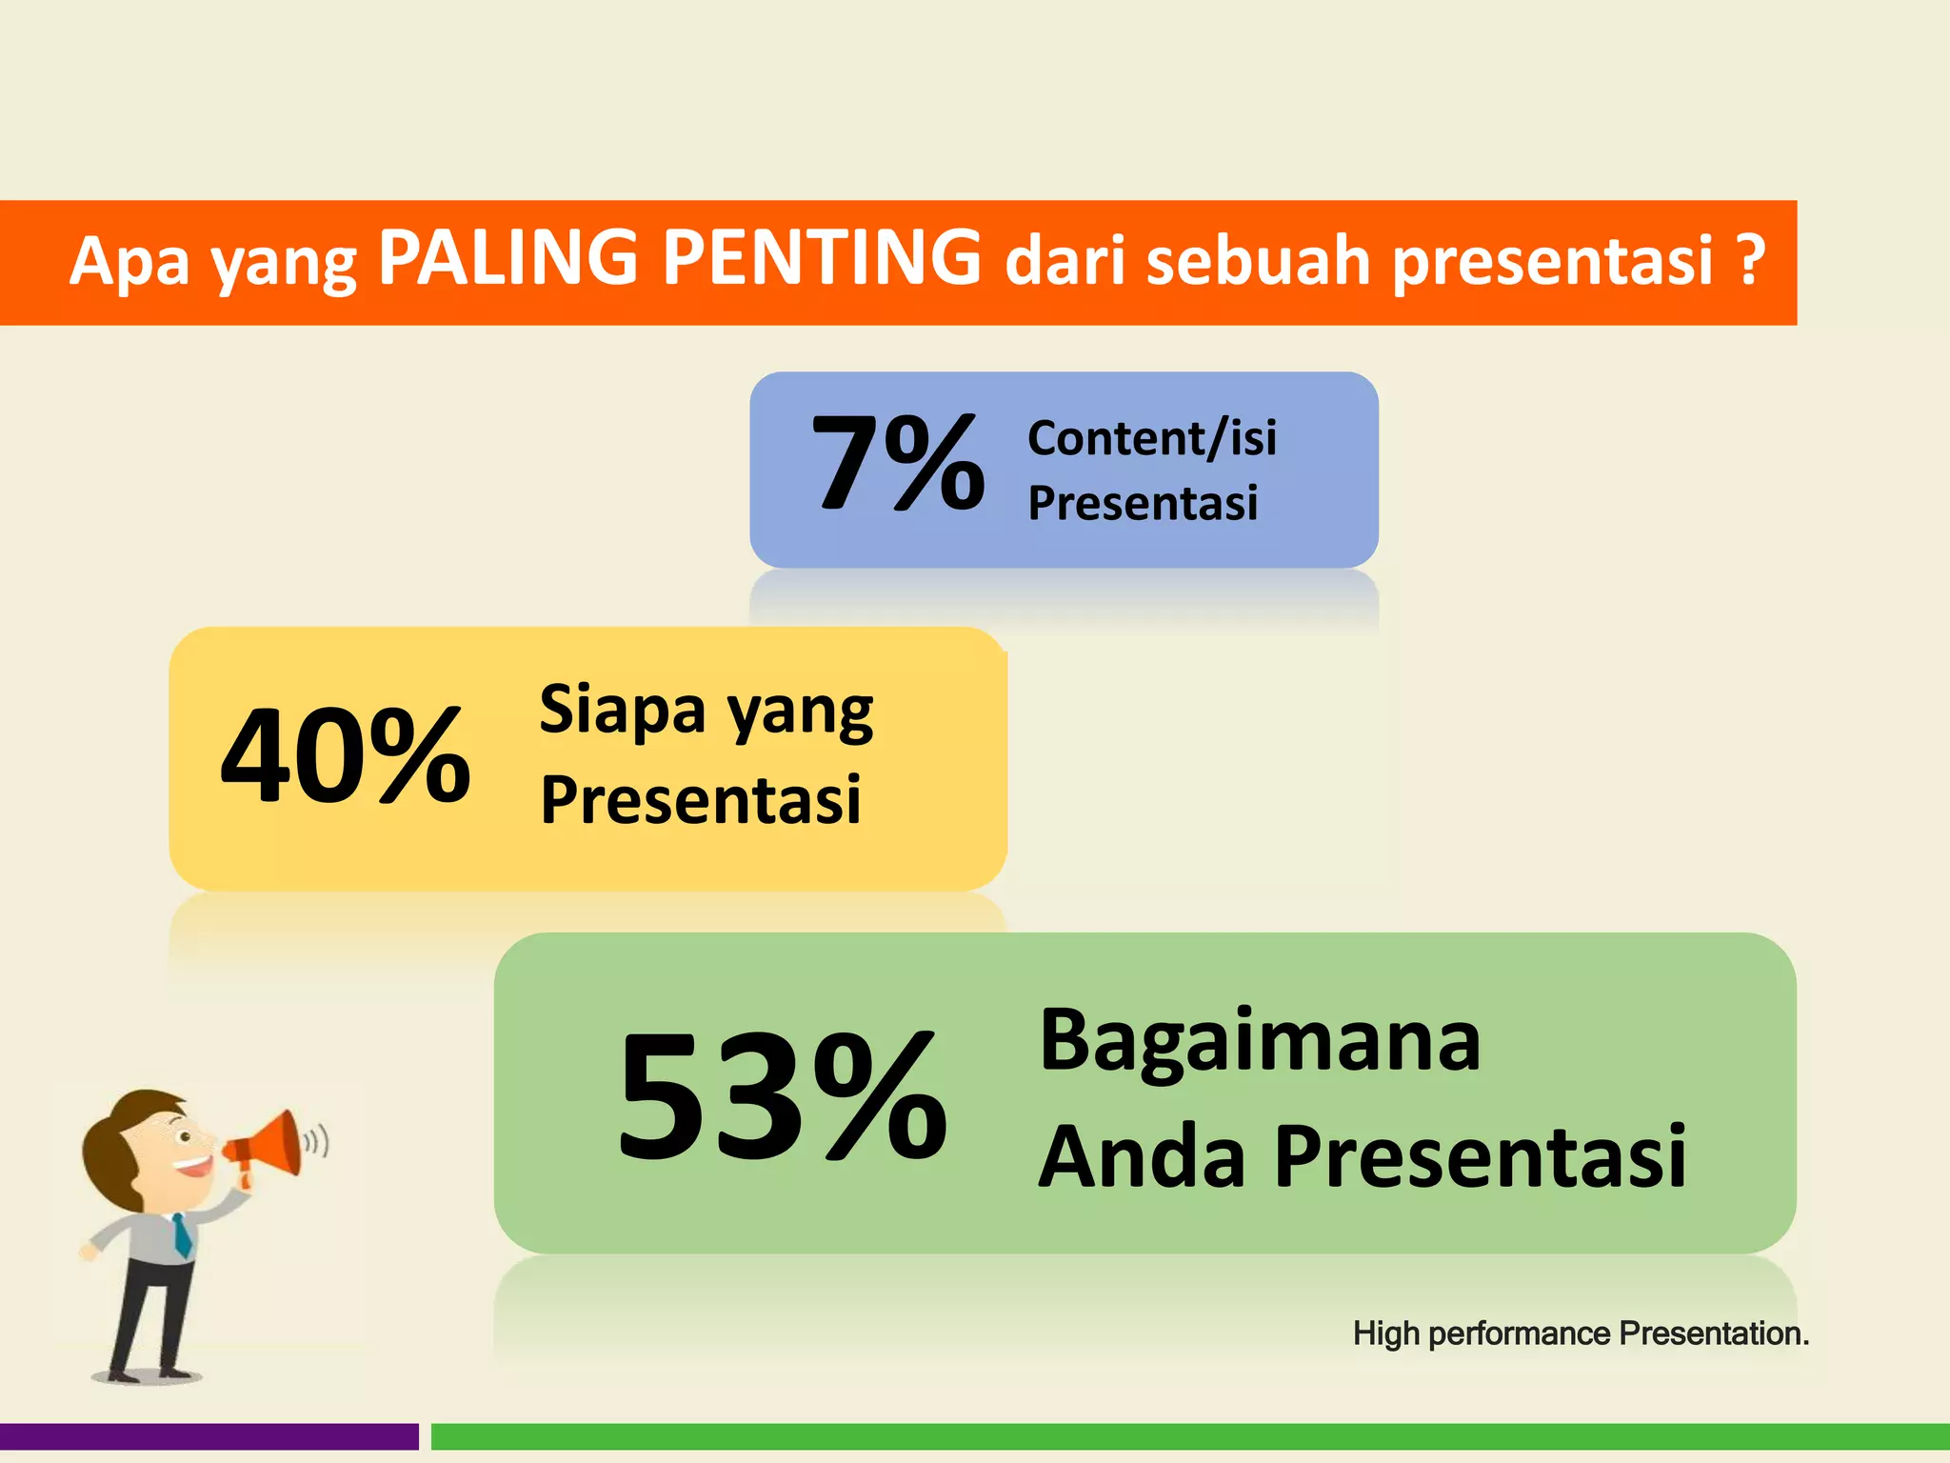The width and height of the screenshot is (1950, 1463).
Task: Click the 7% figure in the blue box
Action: pyautogui.click(x=897, y=465)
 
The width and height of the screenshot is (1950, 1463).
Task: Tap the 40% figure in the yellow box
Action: pyautogui.click(x=345, y=757)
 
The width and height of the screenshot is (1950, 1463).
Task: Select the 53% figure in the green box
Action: pyautogui.click(x=781, y=1097)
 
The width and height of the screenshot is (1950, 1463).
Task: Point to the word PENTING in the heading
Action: pyautogui.click(x=821, y=259)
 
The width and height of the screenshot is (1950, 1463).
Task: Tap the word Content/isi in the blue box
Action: pyautogui.click(x=1152, y=438)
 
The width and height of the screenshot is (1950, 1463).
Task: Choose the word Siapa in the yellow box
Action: pyautogui.click(x=623, y=710)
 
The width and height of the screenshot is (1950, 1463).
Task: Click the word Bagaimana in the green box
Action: pyautogui.click(x=1259, y=1040)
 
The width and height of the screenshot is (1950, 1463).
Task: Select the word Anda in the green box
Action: pyautogui.click(x=1141, y=1157)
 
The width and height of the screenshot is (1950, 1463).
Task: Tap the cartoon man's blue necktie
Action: pyautogui.click(x=181, y=1235)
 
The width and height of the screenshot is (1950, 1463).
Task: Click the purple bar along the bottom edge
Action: pyautogui.click(x=209, y=1436)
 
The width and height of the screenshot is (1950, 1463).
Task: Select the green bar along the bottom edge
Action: pyautogui.click(x=1190, y=1436)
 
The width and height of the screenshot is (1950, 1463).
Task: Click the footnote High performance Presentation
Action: pyautogui.click(x=1581, y=1333)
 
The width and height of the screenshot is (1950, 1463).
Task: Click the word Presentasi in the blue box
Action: pyautogui.click(x=1143, y=503)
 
